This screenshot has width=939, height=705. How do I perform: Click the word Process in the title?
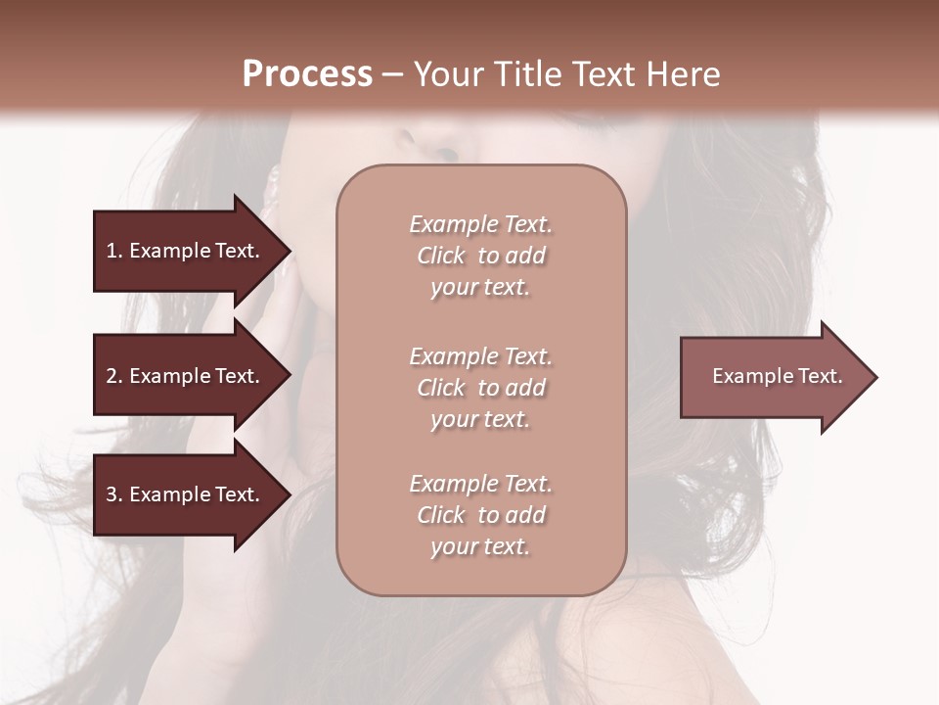(x=307, y=74)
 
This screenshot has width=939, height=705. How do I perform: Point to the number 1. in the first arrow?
(x=114, y=251)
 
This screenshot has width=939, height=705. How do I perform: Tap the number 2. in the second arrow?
(x=114, y=376)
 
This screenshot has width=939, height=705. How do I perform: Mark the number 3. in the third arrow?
(x=114, y=494)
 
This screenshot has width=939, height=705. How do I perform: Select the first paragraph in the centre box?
(x=480, y=256)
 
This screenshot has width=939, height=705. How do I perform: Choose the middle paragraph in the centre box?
(x=480, y=388)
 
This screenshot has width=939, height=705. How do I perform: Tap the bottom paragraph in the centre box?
(x=480, y=515)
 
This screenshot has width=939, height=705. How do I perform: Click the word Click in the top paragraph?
(x=441, y=256)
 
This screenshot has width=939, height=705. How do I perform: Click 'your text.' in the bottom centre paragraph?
(x=480, y=546)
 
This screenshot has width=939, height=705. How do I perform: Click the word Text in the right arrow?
(x=820, y=376)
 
